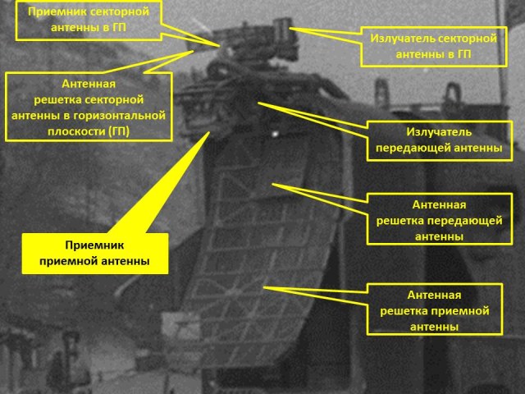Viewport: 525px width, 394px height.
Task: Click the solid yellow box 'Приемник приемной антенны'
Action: tap(95, 253)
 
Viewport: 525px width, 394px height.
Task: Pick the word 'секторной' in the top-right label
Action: tap(465, 39)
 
